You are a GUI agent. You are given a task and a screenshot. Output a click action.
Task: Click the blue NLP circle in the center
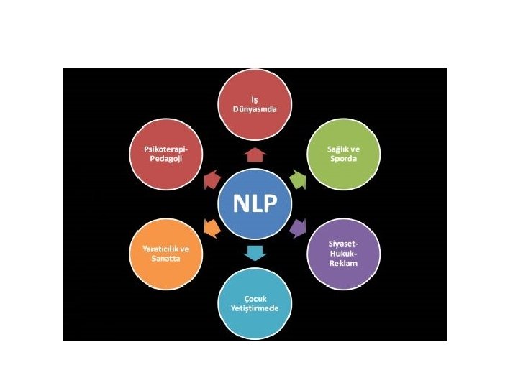coord(255,203)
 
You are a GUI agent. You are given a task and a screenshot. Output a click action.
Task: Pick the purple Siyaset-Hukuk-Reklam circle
coord(343,253)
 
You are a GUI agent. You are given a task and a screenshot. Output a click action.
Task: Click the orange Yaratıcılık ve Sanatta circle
coord(166,253)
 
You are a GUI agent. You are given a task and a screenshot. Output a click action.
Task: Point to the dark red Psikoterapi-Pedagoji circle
coord(166,153)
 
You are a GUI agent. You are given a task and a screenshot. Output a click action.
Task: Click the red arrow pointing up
coord(255,152)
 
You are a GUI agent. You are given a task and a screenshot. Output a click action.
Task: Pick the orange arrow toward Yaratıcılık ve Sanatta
coord(211,228)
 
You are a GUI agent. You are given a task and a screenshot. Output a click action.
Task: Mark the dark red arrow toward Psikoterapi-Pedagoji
coord(211,179)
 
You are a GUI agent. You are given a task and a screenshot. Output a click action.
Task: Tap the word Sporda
coord(343,158)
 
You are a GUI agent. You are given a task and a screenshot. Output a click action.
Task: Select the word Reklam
coord(343,264)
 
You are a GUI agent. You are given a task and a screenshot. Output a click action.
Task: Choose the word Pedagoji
coord(166,158)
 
